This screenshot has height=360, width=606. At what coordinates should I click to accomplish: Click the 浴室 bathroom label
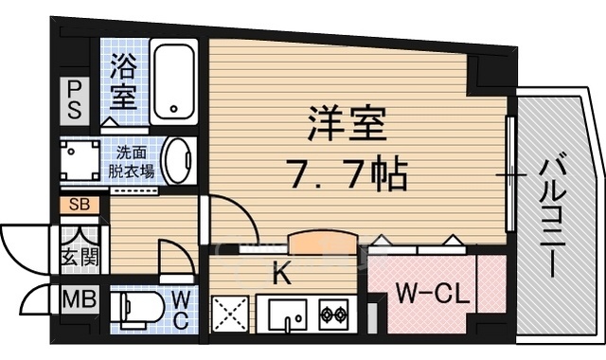point(125,82)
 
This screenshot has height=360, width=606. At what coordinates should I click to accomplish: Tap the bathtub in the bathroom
point(175,82)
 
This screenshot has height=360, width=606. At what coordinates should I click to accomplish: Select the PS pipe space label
point(73,99)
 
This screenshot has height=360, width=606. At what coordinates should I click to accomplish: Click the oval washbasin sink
point(176,160)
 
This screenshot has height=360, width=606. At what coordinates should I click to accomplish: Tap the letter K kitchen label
point(280,275)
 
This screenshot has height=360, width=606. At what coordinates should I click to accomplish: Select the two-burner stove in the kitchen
point(333,314)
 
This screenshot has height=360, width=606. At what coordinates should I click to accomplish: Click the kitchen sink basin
point(285,314)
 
